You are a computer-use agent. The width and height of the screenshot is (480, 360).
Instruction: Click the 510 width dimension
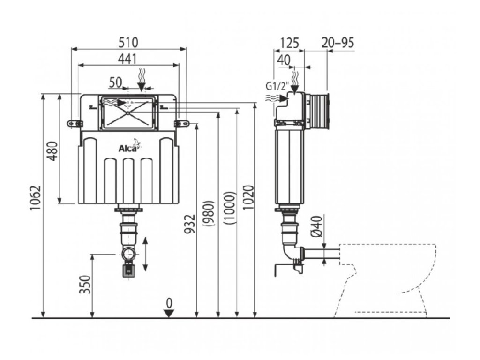click(128, 42)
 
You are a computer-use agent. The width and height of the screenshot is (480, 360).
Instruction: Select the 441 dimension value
click(127, 59)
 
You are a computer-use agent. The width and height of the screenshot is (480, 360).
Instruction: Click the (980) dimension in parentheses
click(210, 213)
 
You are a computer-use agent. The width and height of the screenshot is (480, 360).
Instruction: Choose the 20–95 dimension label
click(338, 43)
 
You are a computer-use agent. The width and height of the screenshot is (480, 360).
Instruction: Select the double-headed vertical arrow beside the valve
click(145, 254)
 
